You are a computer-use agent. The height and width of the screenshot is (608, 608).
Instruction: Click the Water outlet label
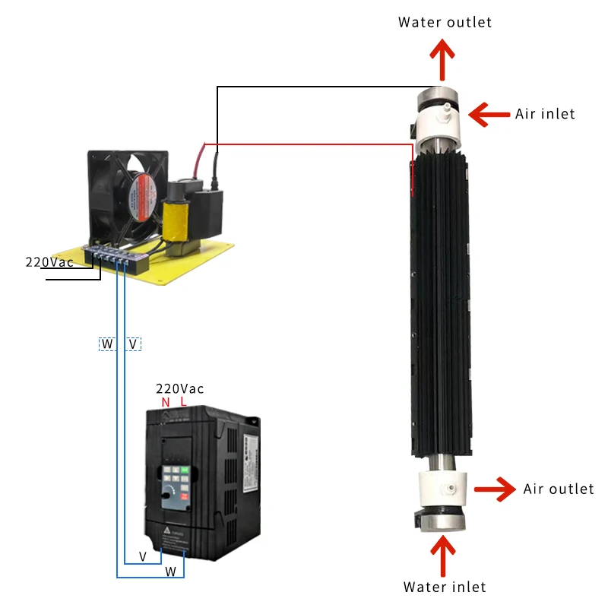pos(445,23)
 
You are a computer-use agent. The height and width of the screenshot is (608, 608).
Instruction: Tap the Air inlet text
pos(545,114)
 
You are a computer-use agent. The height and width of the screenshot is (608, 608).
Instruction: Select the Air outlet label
pos(559,489)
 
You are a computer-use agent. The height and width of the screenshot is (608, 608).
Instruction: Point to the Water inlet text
pos(445,587)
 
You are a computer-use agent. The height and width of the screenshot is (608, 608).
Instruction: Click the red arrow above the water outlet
pos(442,60)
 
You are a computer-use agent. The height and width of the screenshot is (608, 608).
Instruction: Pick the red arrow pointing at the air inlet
pos(489,115)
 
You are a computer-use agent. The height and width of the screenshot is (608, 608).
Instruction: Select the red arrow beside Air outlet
pos(496,489)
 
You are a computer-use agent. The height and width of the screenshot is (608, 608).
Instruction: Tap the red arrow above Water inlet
pos(443,556)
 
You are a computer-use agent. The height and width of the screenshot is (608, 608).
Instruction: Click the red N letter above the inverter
pos(166,403)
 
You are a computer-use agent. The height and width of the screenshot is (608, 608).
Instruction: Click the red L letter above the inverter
pos(183,402)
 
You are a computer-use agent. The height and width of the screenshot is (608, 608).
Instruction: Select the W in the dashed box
pos(107,344)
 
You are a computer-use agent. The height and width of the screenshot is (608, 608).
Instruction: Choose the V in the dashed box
pos(133,344)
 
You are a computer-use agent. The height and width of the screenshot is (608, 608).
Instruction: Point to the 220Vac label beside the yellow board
pos(49,262)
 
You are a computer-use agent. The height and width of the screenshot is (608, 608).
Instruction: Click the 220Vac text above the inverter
pos(179,389)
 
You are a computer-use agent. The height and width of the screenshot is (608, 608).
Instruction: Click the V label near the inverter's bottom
pos(143,557)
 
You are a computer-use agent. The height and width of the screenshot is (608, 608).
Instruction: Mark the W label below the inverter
pos(170,572)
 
